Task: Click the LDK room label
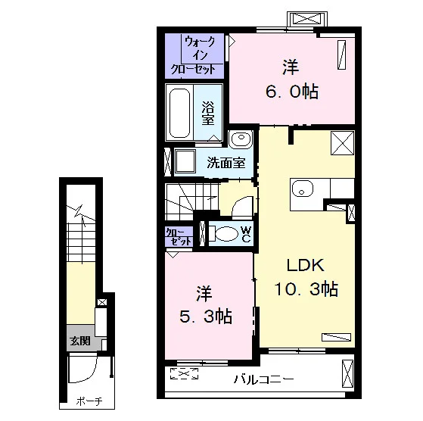click(x=306, y=265)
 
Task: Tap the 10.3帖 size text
click(x=306, y=288)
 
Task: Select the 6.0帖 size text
click(x=292, y=92)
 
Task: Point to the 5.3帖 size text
click(x=206, y=317)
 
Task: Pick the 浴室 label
click(x=208, y=113)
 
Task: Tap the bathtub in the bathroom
click(x=179, y=113)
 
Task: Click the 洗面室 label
click(x=226, y=163)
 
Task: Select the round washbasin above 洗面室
click(x=241, y=138)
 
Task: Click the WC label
click(x=246, y=234)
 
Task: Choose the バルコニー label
click(x=264, y=379)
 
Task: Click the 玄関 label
click(x=80, y=341)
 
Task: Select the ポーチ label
click(x=89, y=401)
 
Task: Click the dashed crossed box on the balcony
click(x=184, y=373)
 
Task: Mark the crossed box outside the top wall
click(x=307, y=19)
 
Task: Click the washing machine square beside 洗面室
click(x=185, y=161)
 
